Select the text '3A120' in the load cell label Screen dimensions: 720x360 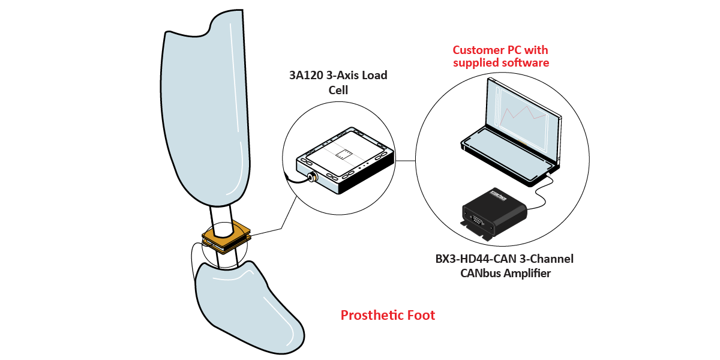306,75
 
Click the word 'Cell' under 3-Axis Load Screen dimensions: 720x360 338,90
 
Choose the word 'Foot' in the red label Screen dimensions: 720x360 421,316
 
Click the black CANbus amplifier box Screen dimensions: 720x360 493,213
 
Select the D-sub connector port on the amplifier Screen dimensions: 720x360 476,221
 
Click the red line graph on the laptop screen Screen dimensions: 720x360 523,114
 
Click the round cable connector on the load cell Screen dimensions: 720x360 311,177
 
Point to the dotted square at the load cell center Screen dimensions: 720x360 344,154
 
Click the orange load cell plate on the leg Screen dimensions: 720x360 226,237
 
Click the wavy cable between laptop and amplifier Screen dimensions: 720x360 541,192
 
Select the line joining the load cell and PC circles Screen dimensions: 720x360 406,161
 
